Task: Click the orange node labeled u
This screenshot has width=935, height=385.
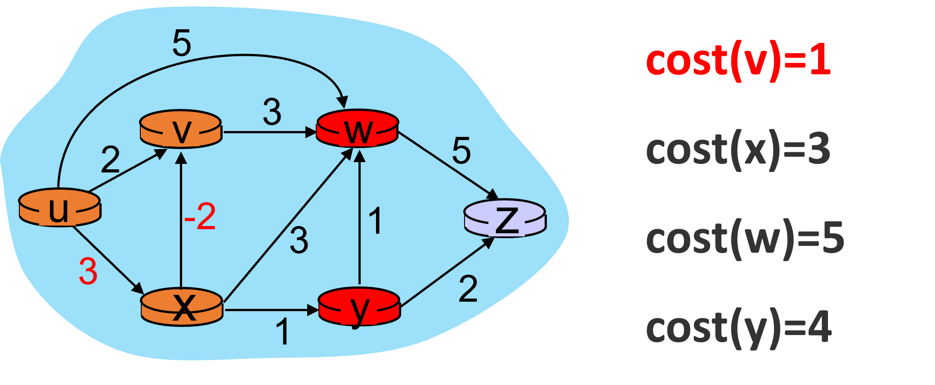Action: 59,208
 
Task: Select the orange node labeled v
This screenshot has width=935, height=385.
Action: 181,130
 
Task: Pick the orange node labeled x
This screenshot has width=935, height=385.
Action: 182,308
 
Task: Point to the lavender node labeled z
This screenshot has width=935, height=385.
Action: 505,219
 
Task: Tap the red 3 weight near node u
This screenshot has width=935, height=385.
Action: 88,272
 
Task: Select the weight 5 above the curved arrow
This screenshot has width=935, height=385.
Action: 182,43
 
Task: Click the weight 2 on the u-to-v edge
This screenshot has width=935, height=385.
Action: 110,159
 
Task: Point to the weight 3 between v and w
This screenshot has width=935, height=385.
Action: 272,112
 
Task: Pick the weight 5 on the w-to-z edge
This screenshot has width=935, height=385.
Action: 461,150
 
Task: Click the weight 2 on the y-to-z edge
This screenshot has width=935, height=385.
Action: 468,289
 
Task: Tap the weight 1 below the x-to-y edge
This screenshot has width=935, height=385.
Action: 282,332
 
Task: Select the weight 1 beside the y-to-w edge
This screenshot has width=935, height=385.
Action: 376,221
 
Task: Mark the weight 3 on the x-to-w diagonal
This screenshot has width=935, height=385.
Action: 299,240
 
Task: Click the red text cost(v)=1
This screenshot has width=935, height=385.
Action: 738,61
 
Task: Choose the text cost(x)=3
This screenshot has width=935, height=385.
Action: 738,150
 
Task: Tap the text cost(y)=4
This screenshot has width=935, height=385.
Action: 739,328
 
